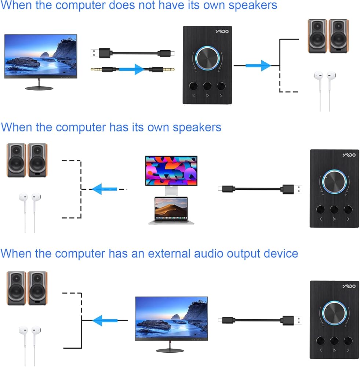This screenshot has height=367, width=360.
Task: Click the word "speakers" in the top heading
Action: (x=253, y=6)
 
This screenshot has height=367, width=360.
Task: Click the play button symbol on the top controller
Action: (x=207, y=95)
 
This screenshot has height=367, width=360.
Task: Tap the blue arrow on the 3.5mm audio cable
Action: (x=131, y=69)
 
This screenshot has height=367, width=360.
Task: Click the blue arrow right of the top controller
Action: (x=258, y=66)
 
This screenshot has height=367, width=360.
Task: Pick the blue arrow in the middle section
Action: (x=104, y=189)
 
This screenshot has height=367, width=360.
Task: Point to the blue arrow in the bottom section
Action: (x=105, y=320)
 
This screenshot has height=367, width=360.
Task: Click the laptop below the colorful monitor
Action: (x=171, y=210)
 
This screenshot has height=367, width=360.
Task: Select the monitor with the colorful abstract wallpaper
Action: (x=171, y=175)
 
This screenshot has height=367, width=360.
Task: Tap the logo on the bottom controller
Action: (x=349, y=286)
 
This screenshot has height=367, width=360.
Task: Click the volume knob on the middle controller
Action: (x=334, y=182)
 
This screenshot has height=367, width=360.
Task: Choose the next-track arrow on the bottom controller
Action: (x=348, y=350)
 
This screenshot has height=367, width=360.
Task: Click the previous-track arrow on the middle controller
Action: (x=321, y=219)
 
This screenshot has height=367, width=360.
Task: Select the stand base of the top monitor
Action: (x=39, y=88)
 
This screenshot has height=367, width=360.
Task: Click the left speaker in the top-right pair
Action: (x=317, y=36)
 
